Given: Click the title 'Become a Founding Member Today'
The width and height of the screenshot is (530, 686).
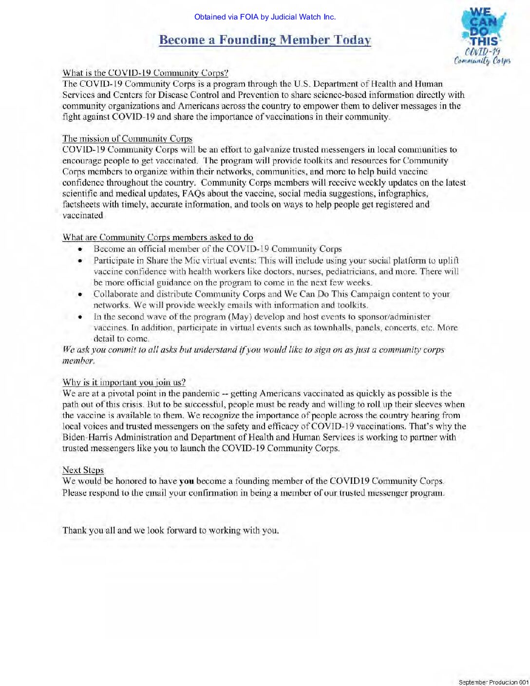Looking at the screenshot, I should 265,40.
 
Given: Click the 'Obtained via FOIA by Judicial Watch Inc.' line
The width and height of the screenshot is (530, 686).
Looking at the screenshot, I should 265,17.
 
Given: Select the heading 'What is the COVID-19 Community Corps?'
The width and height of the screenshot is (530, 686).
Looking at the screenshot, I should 145,73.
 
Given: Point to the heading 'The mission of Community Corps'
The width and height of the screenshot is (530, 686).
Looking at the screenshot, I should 127,139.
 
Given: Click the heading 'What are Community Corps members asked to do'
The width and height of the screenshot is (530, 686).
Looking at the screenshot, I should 158,237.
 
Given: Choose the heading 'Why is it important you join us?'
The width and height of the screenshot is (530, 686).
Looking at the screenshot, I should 124,382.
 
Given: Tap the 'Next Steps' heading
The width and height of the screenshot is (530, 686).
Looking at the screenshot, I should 83,470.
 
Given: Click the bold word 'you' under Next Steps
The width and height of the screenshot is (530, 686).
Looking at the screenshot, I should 187,481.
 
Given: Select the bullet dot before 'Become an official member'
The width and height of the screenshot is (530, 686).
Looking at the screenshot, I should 80,249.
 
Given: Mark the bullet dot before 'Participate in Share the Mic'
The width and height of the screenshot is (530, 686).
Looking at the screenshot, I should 80,261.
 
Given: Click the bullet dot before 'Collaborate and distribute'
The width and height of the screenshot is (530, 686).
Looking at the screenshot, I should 80,294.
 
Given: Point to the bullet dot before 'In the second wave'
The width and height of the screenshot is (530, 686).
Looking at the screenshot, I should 80,317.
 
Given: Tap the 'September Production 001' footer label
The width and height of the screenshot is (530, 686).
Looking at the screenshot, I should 493,682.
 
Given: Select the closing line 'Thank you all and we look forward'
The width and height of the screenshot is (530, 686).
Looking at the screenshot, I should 170,531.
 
